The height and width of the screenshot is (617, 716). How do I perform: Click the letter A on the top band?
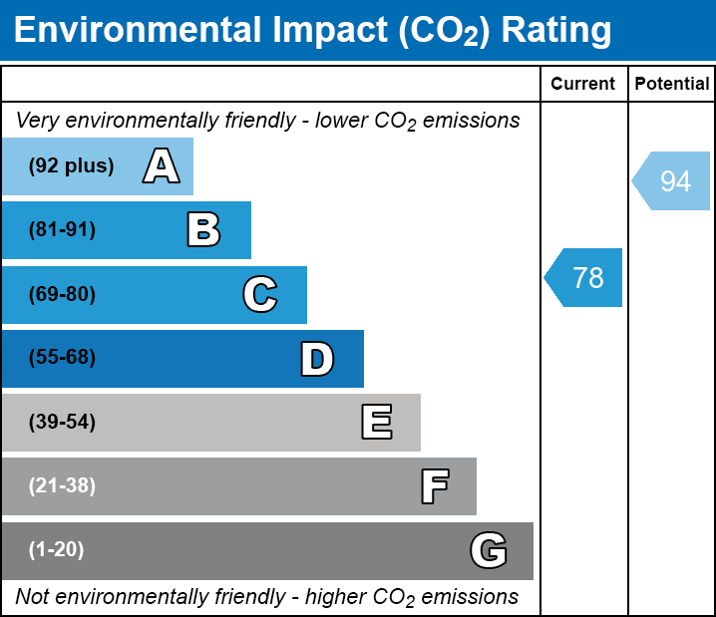click(x=162, y=166)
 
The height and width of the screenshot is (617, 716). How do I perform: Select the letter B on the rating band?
click(x=203, y=230)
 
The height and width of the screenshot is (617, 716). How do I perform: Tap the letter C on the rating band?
click(x=259, y=294)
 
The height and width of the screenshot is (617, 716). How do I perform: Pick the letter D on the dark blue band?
click(x=317, y=359)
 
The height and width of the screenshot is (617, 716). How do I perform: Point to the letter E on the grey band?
click(x=376, y=423)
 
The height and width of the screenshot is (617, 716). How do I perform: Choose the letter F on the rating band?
click(x=434, y=486)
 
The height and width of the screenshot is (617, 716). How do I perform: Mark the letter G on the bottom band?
click(x=489, y=550)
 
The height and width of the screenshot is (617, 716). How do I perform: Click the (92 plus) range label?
click(x=71, y=166)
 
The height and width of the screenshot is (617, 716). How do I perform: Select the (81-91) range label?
click(x=62, y=230)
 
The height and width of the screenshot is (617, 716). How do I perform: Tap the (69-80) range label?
click(x=62, y=294)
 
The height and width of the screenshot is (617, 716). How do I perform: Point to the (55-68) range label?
click(x=62, y=358)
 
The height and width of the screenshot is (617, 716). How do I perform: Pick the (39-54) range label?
click(x=62, y=423)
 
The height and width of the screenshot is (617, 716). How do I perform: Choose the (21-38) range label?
click(x=62, y=486)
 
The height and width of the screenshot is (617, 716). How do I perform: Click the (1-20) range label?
click(x=57, y=550)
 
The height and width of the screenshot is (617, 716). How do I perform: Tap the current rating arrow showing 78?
click(x=584, y=277)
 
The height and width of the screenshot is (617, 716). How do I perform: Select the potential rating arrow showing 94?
click(x=672, y=181)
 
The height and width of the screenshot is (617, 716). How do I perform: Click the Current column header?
click(x=583, y=85)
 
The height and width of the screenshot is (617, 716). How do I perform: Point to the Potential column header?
click(x=672, y=85)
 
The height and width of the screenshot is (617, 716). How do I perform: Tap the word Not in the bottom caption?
click(x=33, y=597)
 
